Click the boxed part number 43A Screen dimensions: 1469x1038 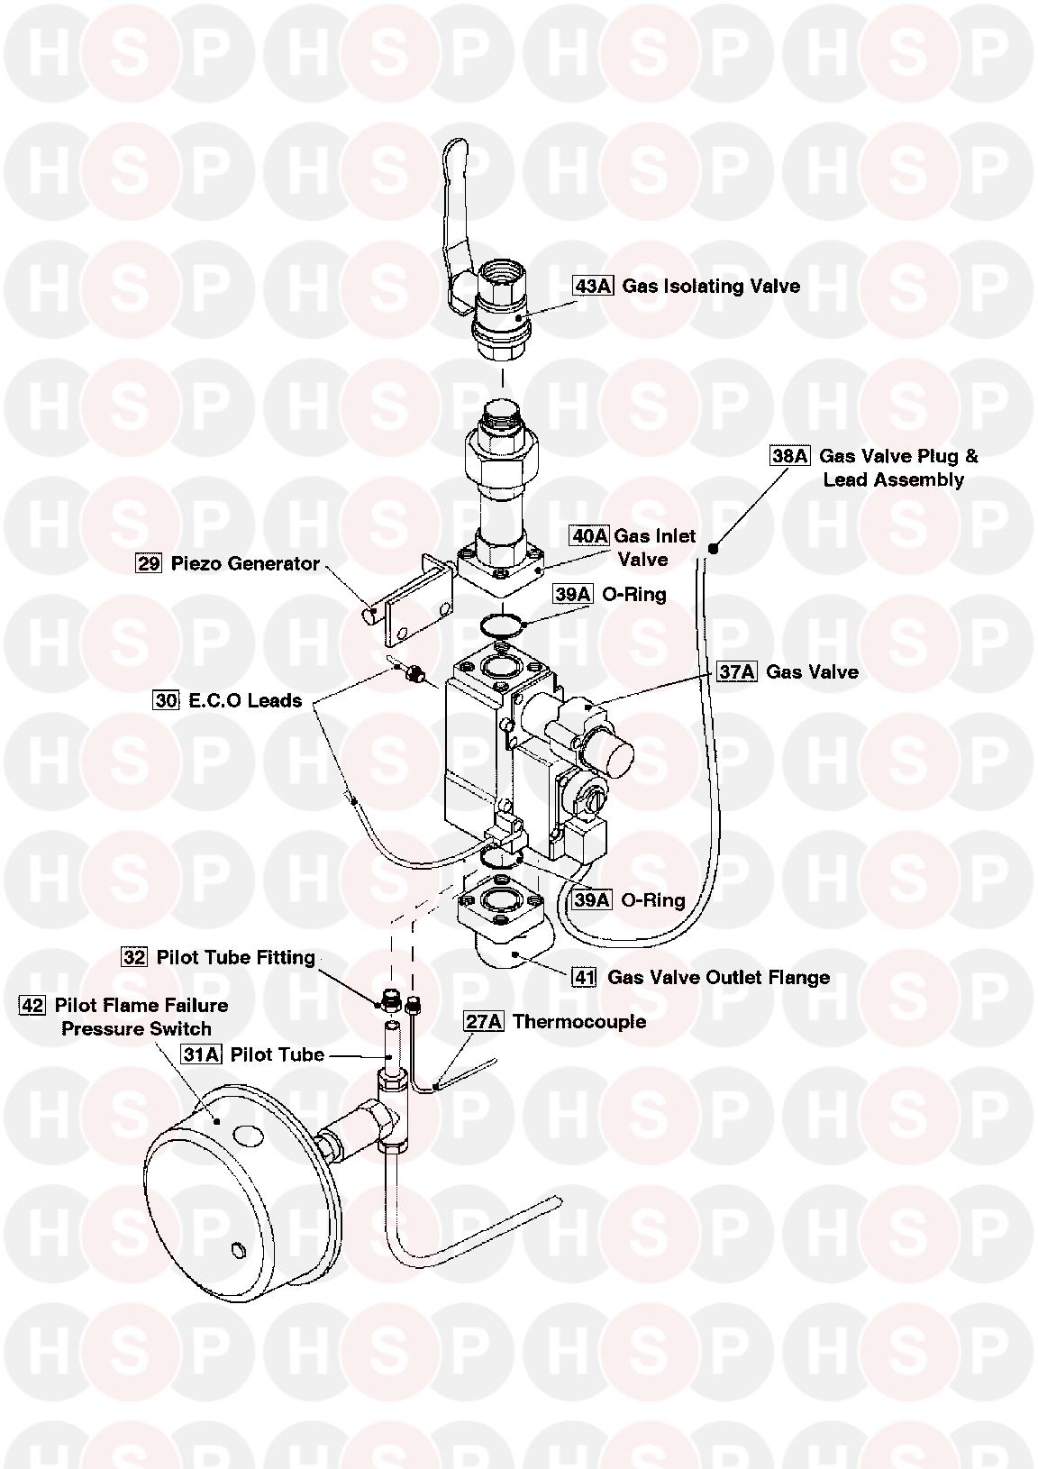click(593, 287)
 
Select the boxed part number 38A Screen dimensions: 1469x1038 click(790, 456)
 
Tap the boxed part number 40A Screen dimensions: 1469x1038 click(589, 536)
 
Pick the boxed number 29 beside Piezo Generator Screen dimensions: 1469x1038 click(149, 564)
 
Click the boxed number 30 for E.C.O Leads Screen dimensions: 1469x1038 click(166, 700)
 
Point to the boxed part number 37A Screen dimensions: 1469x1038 click(736, 672)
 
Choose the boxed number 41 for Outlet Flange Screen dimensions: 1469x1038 click(585, 977)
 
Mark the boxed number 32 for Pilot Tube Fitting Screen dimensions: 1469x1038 click(134, 957)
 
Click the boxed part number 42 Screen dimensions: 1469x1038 click(32, 1005)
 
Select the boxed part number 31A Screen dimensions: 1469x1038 click(201, 1054)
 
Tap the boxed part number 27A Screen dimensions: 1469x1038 click(483, 1021)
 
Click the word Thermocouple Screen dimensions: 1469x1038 click(579, 1021)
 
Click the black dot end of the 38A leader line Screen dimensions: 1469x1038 click(713, 547)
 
